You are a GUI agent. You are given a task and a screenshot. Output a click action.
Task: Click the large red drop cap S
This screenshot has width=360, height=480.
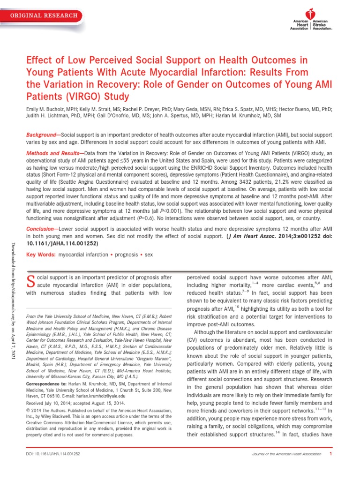[31, 280]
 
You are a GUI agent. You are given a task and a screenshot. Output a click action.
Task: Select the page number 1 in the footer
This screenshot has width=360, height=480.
[331, 467]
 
